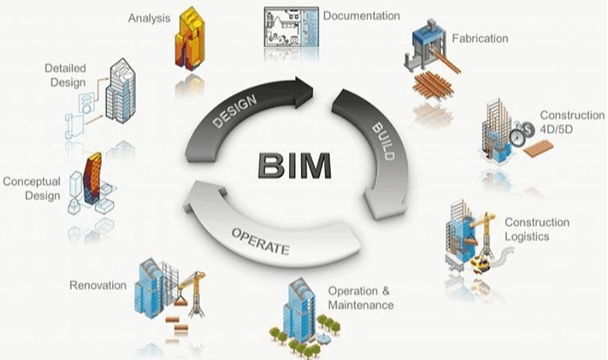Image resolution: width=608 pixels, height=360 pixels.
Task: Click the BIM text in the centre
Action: pos(294,165)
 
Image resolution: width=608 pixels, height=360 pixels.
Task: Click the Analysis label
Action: pos(149,19)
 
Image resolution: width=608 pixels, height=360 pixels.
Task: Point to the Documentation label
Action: pos(362,16)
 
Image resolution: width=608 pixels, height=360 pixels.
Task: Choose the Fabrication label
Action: pos(480,39)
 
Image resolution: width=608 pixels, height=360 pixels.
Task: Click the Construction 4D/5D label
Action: pos(572,122)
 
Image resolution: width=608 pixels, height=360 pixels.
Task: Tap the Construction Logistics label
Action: pos(537,229)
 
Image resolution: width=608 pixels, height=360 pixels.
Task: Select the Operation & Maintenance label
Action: pos(360,298)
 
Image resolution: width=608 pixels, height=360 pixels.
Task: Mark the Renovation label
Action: pos(98,286)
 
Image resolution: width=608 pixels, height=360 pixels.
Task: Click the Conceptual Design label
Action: pos(32,188)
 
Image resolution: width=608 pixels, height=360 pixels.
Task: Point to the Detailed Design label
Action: pos(65,75)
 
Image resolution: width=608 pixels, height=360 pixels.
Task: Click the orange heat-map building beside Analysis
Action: pos(189,39)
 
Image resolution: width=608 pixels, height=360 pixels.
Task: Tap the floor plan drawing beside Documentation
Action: pos(291,27)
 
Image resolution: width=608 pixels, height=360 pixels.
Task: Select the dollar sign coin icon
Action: pos(528,129)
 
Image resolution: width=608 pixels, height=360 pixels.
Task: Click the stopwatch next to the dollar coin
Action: pos(517,138)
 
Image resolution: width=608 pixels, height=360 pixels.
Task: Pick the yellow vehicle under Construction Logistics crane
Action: pos(481,265)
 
